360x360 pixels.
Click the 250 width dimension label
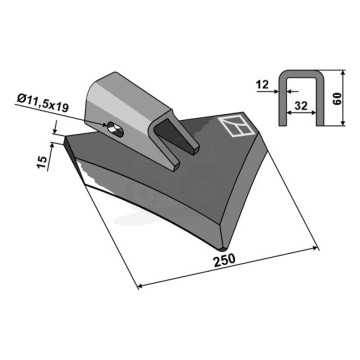click(x=224, y=260)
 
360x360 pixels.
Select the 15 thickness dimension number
click(x=42, y=162)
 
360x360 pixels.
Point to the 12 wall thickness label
click(x=263, y=85)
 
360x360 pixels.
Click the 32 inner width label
click(x=301, y=106)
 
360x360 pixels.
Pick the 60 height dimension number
click(x=337, y=99)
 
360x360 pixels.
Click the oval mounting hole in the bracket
click(x=115, y=129)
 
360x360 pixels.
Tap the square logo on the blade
click(x=236, y=126)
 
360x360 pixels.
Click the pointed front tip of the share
click(x=222, y=248)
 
